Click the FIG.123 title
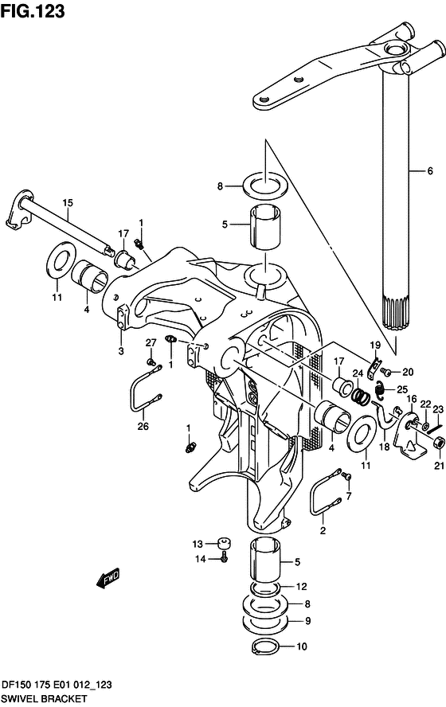click(x=33, y=11)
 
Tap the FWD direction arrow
click(x=108, y=577)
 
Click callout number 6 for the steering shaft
click(x=430, y=171)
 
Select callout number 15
click(x=68, y=203)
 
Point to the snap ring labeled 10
click(x=266, y=646)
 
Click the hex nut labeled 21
click(x=440, y=443)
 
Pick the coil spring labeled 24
click(x=361, y=396)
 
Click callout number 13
click(x=198, y=545)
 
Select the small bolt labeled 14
click(x=224, y=559)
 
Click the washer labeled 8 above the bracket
click(x=265, y=185)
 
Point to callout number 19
click(x=375, y=346)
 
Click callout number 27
click(x=151, y=342)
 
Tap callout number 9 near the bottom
click(x=307, y=621)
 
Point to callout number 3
click(x=121, y=351)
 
